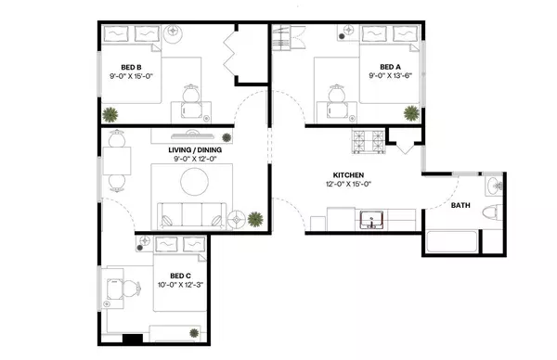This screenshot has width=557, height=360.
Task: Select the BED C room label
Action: pyautogui.click(x=181, y=275)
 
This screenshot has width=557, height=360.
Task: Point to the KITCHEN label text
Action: pyautogui.click(x=349, y=174)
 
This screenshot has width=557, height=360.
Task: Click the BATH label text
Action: pyautogui.click(x=460, y=206)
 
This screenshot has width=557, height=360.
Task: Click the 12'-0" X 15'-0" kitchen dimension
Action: pyautogui.click(x=349, y=185)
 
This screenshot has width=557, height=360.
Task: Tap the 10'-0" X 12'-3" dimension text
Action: pyautogui.click(x=181, y=285)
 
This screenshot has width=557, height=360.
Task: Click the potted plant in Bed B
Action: pyautogui.click(x=110, y=114)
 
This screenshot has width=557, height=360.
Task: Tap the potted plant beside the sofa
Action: pyautogui.click(x=254, y=220)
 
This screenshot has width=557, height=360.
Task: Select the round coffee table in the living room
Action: pyautogui.click(x=196, y=180)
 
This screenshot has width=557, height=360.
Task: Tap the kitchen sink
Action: pyautogui.click(x=372, y=221)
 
